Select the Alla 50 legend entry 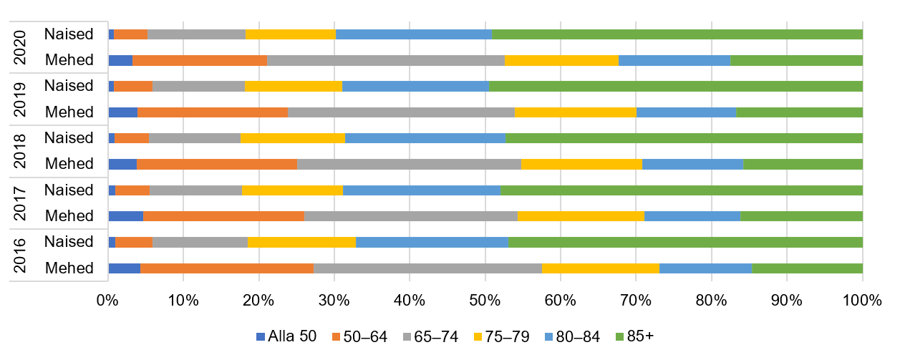pyautogui.click(x=286, y=337)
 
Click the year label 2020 pyautogui.click(x=21, y=47)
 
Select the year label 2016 pyautogui.click(x=21, y=255)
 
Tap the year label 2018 pyautogui.click(x=21, y=150)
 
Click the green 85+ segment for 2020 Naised pyautogui.click(x=677, y=34)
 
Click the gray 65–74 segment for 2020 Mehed pyautogui.click(x=386, y=60)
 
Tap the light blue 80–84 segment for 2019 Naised pyautogui.click(x=416, y=86)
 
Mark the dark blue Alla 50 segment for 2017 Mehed pyautogui.click(x=125, y=216)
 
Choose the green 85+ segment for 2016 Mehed pyautogui.click(x=807, y=268)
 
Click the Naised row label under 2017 pyautogui.click(x=69, y=190)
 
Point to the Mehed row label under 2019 pyautogui.click(x=69, y=112)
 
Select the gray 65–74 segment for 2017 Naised pyautogui.click(x=195, y=190)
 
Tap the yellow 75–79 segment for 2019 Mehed pyautogui.click(x=576, y=112)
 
